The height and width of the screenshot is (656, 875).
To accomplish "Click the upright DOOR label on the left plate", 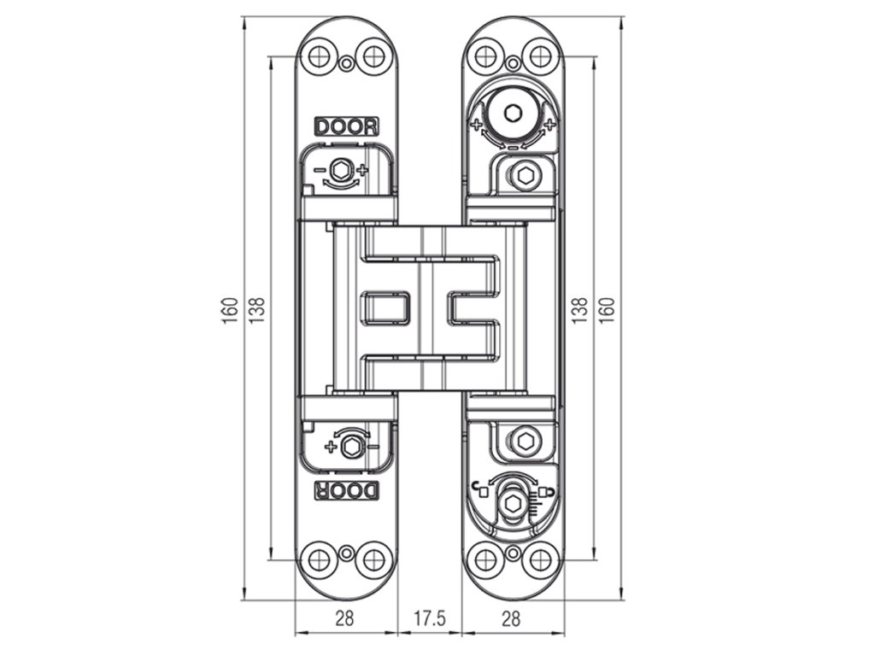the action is click(x=346, y=126).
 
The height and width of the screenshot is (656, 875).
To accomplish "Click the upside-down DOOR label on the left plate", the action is click(x=347, y=490).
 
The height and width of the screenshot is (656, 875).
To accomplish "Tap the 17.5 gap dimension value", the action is click(x=429, y=618).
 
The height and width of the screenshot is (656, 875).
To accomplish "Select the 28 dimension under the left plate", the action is click(x=344, y=618).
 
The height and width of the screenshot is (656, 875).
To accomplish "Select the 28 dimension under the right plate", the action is click(x=510, y=618).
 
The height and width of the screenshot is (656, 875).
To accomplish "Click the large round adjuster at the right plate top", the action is click(x=512, y=114).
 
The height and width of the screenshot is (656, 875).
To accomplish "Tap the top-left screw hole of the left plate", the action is click(x=320, y=56).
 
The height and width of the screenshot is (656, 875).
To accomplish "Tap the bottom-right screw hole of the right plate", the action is click(x=538, y=560).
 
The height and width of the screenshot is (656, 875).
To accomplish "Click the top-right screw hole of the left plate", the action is click(x=373, y=56).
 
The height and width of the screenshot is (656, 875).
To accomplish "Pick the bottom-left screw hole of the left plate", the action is click(x=319, y=560).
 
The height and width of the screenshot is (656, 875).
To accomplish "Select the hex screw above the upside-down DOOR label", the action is click(x=349, y=448).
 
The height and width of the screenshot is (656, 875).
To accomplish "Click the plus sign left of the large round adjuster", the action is click(x=475, y=125).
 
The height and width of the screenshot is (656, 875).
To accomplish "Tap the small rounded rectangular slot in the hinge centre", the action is click(x=387, y=307).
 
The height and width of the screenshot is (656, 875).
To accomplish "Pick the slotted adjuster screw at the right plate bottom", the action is click(x=512, y=502).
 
